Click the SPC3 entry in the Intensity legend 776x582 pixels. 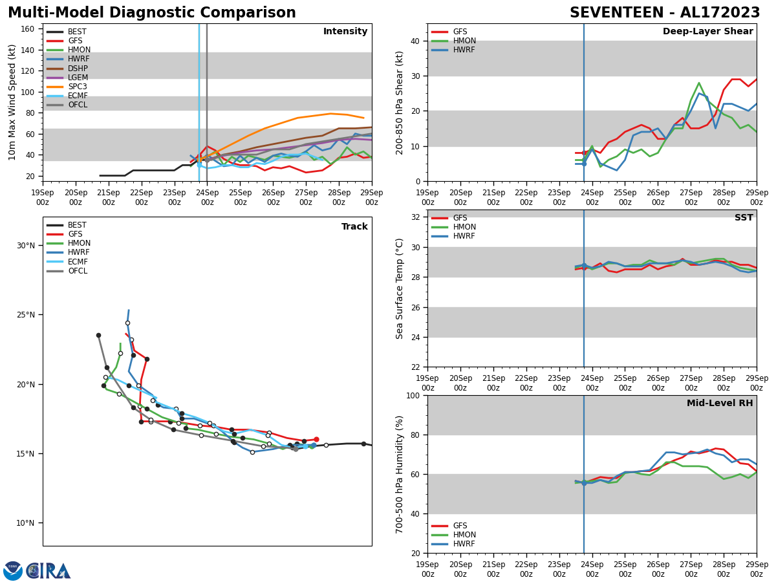pos(77,87)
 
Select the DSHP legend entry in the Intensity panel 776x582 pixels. pos(78,69)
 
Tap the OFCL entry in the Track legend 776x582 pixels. pos(77,271)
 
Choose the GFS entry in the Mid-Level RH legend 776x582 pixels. pos(460,526)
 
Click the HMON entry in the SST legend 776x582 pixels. pos(464,227)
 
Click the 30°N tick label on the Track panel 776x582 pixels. pos(26,246)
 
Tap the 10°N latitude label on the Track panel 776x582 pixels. pos(26,523)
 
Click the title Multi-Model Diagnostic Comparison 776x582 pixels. pos(152,13)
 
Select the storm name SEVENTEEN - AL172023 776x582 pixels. pos(665,13)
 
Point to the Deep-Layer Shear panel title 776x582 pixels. pos(707,32)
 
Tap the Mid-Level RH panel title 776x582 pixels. pos(719,404)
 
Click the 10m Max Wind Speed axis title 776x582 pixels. pos(13,102)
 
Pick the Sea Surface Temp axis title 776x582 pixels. pos(400,288)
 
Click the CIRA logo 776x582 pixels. pos(48,571)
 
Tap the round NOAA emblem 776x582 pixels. pos(13,571)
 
